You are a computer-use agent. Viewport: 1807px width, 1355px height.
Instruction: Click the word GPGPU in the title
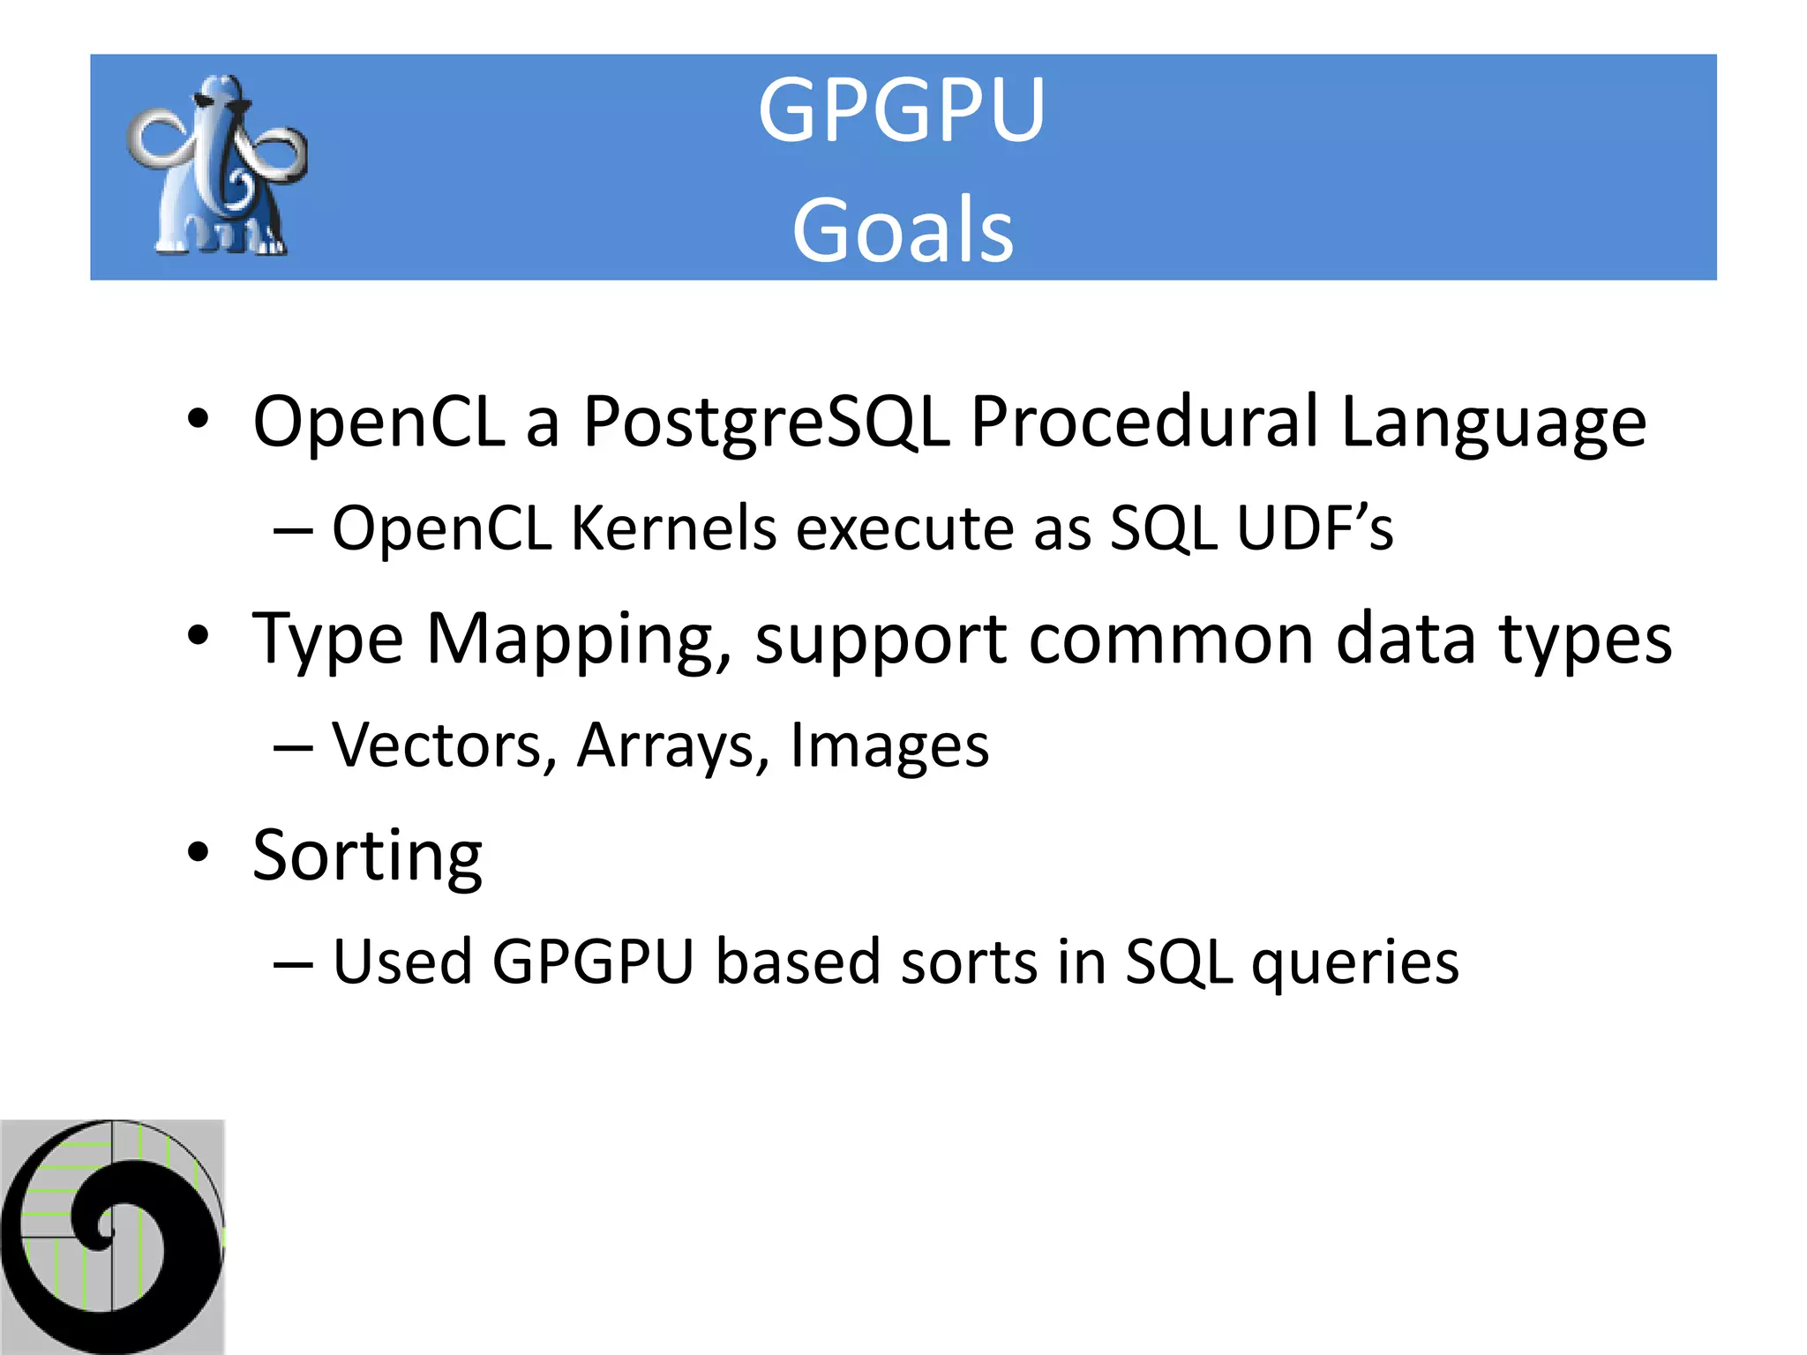(902, 110)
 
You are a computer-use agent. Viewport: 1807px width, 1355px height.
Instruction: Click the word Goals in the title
(902, 230)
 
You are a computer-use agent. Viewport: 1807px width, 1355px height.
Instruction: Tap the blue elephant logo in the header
(218, 166)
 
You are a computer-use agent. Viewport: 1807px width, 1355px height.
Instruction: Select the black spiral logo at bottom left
(112, 1236)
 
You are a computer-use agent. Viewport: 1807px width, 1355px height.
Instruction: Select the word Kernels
(673, 528)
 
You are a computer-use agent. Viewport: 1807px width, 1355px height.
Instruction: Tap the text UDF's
(1315, 528)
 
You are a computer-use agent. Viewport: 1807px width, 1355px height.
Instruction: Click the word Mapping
(579, 639)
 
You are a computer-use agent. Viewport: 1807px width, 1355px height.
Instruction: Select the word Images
(889, 745)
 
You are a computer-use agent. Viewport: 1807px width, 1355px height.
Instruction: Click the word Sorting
(367, 856)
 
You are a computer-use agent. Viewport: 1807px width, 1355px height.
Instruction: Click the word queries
(1355, 962)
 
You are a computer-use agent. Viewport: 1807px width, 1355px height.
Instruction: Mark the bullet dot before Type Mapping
(199, 636)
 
